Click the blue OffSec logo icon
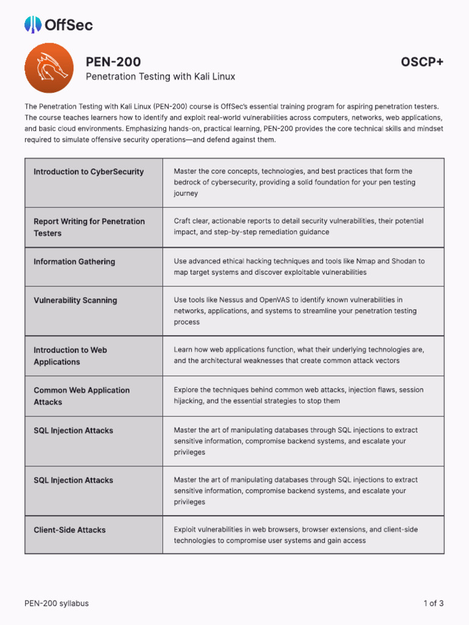coord(33,24)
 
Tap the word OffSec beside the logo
coord(68,25)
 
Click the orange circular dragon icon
coord(48,68)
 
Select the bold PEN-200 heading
coord(114,62)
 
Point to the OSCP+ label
coord(422,62)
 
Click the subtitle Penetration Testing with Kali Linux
coord(160,77)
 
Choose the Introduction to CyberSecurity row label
coord(89,172)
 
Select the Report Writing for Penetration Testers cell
coord(89,227)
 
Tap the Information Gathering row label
coord(74,262)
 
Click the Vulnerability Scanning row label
coord(75,300)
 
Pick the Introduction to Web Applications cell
coord(70,356)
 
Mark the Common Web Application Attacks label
coord(81,396)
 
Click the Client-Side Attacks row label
coord(70,530)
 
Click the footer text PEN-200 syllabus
coord(56,604)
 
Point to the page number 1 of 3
coord(433,604)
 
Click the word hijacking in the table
coord(190,401)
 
